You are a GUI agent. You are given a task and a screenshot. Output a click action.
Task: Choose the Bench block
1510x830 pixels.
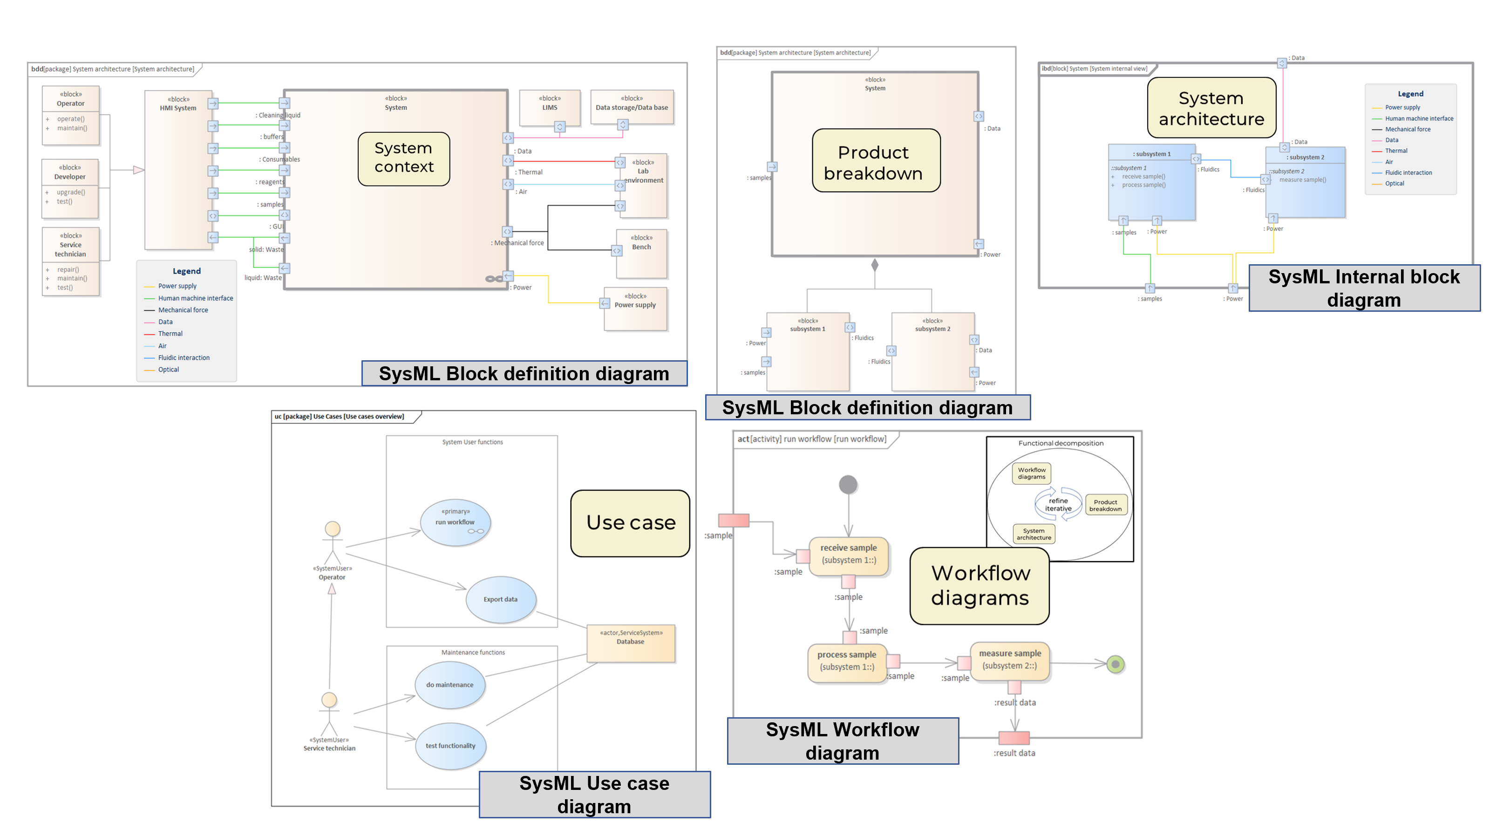click(x=642, y=254)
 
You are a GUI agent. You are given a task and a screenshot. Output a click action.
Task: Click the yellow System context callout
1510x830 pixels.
click(x=404, y=158)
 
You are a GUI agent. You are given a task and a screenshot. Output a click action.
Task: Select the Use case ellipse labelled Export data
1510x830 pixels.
click(x=501, y=599)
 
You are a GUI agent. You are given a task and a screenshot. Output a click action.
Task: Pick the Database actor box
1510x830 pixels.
click(x=631, y=642)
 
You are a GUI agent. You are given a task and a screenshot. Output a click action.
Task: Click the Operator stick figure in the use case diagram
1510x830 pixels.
click(x=333, y=542)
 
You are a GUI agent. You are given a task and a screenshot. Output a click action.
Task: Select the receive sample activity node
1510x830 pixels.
click(x=848, y=554)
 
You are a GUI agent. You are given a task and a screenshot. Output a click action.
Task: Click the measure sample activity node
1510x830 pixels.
click(x=1010, y=660)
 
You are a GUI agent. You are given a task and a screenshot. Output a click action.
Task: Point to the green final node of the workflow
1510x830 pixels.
click(x=1115, y=664)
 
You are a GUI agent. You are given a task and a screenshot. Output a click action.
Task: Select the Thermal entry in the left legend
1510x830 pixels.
click(x=170, y=334)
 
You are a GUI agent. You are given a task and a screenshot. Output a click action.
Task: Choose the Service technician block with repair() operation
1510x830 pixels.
click(x=70, y=261)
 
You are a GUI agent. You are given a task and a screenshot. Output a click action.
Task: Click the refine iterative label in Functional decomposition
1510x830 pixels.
click(x=1058, y=504)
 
